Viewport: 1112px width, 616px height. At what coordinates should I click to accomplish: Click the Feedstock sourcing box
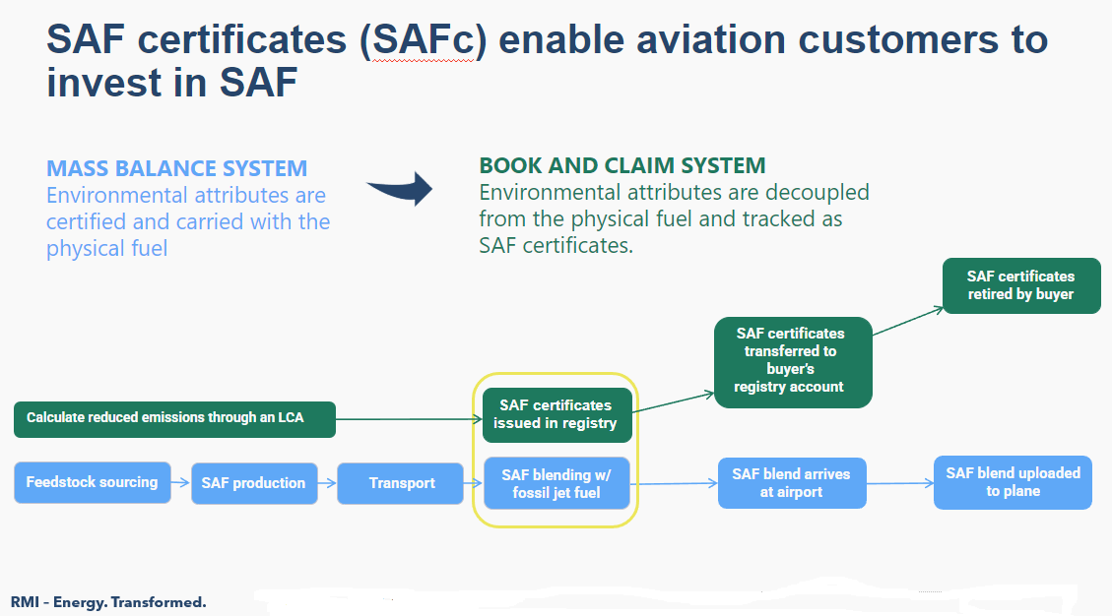point(93,482)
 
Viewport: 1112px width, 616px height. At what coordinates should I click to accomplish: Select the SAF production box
point(254,483)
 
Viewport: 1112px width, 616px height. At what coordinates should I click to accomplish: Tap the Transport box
point(401,483)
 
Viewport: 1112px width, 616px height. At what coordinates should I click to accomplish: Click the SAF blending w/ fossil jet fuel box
point(556,483)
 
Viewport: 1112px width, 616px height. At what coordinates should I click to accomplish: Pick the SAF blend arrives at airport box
point(791,483)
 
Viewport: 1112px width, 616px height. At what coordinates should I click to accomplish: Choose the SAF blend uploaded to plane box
point(1013,482)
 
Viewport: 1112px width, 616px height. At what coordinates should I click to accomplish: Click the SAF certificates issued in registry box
point(556,414)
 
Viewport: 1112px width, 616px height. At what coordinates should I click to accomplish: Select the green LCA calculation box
point(174,418)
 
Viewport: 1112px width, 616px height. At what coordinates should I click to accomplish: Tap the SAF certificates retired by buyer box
point(1020,285)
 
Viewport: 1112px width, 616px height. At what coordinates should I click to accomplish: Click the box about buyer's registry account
point(793,361)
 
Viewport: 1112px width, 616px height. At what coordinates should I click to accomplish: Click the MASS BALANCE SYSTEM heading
point(177,168)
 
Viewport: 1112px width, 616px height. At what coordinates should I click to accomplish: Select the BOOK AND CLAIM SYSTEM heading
point(621,165)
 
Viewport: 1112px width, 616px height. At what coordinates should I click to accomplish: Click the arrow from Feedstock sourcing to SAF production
point(181,483)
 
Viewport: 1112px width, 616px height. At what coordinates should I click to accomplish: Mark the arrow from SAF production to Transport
point(327,483)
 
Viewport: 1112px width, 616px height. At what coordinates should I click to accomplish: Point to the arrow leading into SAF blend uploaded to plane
point(899,483)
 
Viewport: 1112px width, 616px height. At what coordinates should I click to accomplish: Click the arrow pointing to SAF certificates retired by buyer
point(907,321)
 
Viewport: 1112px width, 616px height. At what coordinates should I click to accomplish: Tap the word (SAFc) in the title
point(421,40)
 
